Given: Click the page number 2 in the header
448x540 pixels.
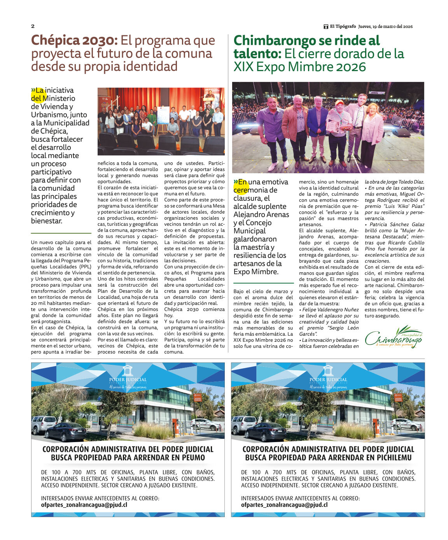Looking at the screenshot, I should pos(33,26).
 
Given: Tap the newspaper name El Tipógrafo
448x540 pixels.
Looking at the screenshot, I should pos(343,26).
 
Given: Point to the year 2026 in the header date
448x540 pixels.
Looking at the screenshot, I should pos(408,26).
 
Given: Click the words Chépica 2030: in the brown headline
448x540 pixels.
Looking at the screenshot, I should pos(74,40).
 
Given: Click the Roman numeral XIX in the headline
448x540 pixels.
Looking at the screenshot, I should pos(244,67).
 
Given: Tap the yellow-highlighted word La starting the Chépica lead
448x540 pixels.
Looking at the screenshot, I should pos(40,91).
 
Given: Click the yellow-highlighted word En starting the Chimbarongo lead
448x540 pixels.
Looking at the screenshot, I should pos(242,182).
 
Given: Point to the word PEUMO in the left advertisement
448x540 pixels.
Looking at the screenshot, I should pos(191,458).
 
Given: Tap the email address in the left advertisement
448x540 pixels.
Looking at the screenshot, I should pos(84,505).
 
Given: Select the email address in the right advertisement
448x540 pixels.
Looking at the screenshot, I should pos(284,505).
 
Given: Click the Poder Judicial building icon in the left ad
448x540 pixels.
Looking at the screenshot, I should pos(128,370).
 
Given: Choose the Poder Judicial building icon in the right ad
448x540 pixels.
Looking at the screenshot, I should pos(328,370).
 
